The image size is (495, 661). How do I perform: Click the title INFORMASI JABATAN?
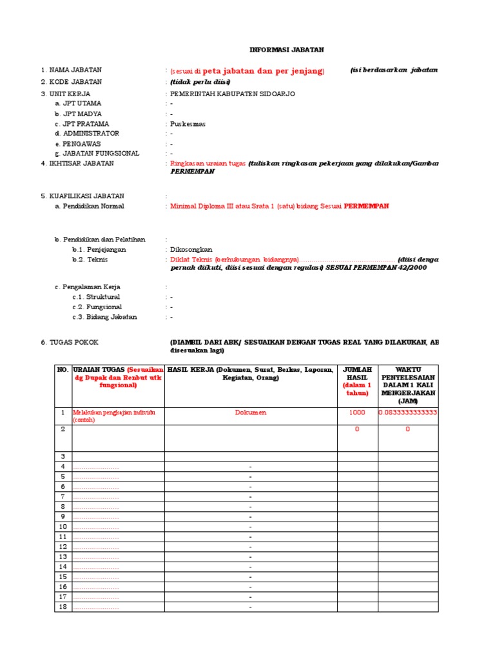pyautogui.click(x=287, y=49)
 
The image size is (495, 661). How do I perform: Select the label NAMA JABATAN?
pyautogui.click(x=71, y=70)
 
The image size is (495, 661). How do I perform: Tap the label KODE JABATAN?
pyautogui.click(x=71, y=82)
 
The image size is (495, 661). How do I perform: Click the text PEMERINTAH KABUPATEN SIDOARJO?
pyautogui.click(x=232, y=94)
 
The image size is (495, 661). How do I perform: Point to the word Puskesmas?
pyautogui.click(x=188, y=124)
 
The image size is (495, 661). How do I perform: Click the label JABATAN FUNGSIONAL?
pyautogui.click(x=97, y=154)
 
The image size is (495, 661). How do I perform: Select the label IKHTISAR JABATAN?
pyautogui.click(x=77, y=163)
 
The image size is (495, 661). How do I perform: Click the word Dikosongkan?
pyautogui.click(x=191, y=249)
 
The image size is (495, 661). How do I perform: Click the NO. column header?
pyautogui.click(x=63, y=369)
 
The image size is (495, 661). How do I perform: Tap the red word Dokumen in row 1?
pyautogui.click(x=251, y=412)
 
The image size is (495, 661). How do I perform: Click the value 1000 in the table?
pyautogui.click(x=358, y=412)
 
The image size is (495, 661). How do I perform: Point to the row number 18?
pyautogui.click(x=63, y=607)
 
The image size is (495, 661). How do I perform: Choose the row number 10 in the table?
pyautogui.click(x=63, y=527)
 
